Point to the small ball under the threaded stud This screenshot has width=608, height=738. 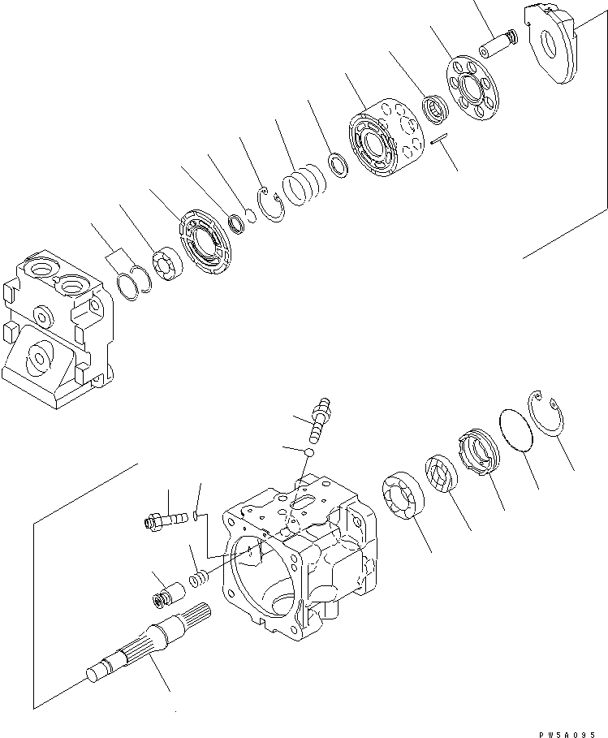click(x=309, y=451)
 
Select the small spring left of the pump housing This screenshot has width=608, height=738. click(x=197, y=580)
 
